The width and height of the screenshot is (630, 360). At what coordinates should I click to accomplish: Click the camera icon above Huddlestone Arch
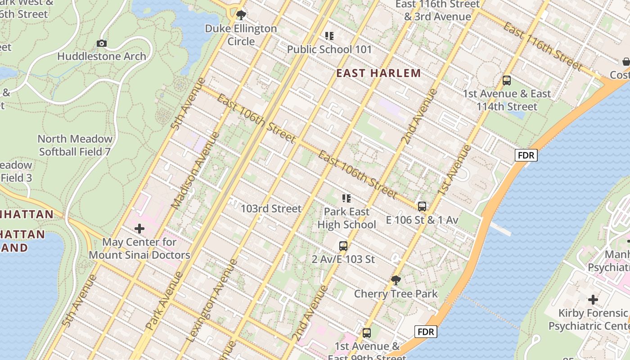click(x=102, y=43)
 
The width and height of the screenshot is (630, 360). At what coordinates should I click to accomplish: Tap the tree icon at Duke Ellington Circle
click(x=241, y=15)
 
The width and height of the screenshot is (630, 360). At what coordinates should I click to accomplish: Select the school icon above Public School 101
click(x=329, y=36)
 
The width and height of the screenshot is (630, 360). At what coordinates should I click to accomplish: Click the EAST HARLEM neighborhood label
click(x=378, y=73)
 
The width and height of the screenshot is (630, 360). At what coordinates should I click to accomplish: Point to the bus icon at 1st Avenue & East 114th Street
click(x=507, y=81)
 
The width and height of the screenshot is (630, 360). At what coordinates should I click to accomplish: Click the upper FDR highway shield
click(x=526, y=155)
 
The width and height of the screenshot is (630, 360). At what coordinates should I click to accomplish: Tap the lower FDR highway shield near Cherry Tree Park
click(x=425, y=332)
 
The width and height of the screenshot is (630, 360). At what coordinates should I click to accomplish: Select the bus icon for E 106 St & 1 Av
click(x=422, y=207)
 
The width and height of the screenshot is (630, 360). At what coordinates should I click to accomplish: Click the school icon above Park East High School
click(x=346, y=198)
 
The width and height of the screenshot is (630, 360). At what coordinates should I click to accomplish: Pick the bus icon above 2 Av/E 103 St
click(x=343, y=246)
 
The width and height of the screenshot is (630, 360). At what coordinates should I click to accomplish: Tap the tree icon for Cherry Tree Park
click(x=396, y=280)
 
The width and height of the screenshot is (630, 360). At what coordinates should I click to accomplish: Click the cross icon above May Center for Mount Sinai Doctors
click(x=139, y=229)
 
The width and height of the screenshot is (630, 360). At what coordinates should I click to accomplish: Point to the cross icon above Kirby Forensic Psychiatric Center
click(x=593, y=300)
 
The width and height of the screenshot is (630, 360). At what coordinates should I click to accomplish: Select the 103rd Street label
click(x=271, y=209)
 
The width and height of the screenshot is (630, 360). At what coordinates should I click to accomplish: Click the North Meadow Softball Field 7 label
click(x=75, y=145)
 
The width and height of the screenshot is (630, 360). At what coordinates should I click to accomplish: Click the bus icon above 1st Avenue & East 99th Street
click(x=367, y=333)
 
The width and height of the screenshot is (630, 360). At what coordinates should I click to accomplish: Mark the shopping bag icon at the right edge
click(x=626, y=62)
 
